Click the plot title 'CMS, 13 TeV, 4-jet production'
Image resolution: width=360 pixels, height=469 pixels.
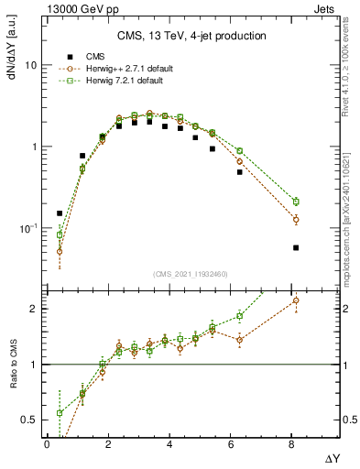click(191, 36)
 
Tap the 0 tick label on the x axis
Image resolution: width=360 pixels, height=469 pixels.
click(47, 443)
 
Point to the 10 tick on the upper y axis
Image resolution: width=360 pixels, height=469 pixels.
click(30, 66)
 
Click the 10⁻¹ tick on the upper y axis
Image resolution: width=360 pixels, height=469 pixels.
click(28, 227)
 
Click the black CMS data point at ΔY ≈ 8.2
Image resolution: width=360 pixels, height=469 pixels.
click(296, 247)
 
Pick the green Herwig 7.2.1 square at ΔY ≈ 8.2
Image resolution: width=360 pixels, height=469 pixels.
click(296, 202)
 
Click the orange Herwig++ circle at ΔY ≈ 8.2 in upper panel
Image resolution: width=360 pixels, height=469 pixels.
click(296, 220)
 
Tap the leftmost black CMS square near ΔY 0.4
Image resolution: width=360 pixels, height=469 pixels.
click(60, 213)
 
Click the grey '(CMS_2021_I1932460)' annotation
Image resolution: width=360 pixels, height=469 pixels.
click(191, 274)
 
